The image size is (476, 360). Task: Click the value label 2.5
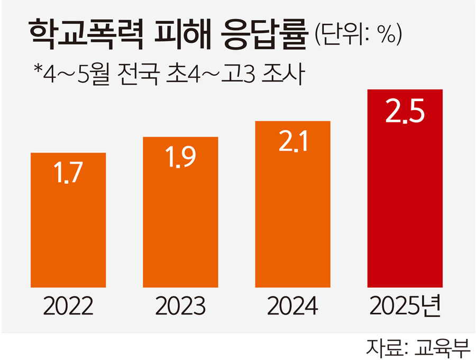tap(405, 113)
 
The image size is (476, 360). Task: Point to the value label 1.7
tap(68, 175)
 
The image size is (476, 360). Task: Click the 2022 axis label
tap(68, 306)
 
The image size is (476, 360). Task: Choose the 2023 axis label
tap(180, 306)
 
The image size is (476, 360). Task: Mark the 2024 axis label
tap(292, 306)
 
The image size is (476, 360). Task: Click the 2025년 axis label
tap(405, 306)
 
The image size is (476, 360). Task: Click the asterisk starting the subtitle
tap(37, 70)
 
